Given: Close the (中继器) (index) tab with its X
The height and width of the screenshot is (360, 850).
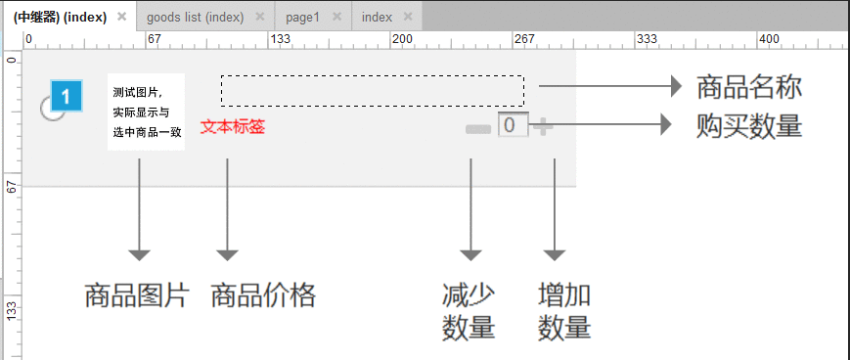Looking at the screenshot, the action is pos(122,17).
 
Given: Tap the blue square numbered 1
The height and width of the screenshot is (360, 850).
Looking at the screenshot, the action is pos(67,97).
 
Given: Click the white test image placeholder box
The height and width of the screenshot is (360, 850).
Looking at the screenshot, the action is pos(147,112).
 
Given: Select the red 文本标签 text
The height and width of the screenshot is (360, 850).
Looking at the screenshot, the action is pos(233,127).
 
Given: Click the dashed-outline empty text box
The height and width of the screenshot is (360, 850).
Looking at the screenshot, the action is pos(373,91).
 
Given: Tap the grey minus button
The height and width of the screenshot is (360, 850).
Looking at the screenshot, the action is pos(478,129).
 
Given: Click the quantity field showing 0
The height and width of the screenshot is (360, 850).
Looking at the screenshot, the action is pos(514,125).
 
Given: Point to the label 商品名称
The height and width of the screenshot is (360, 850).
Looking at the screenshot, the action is pos(749,88).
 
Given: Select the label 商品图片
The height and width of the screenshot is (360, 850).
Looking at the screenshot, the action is pos(137,296).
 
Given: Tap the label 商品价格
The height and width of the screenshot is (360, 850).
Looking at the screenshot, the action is pos(263,296).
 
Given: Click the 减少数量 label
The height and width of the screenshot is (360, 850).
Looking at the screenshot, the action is pos(469,312).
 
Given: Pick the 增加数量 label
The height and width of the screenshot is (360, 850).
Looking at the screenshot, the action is pos(564,312).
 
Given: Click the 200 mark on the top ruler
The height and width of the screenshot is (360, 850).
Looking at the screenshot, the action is pos(402,39).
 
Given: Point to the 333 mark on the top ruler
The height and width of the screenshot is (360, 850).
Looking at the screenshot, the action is pos(647,39).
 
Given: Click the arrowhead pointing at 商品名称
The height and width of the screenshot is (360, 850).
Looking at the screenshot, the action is pos(676,86).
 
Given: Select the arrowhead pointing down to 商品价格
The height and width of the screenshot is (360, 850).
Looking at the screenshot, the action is pos(227,255).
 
